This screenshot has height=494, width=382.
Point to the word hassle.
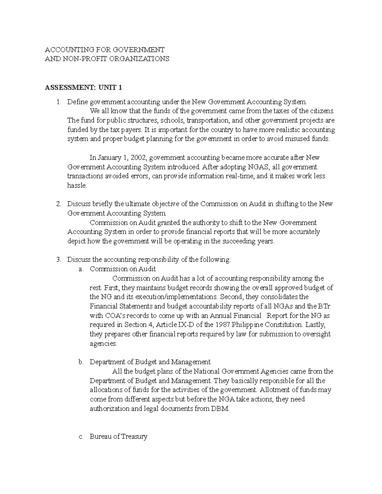click(77, 185)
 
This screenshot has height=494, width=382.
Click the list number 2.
click(58, 204)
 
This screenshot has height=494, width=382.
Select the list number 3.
click(58, 260)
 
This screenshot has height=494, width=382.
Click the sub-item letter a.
click(81, 269)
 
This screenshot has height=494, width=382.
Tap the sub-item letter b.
click(81, 362)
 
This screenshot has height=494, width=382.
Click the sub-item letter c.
click(81, 436)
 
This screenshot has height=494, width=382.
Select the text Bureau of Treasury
click(118, 436)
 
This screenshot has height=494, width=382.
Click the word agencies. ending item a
click(103, 344)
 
